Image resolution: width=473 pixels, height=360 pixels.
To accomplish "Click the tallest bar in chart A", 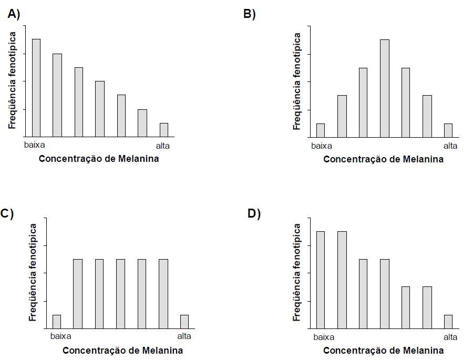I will [x=36, y=87].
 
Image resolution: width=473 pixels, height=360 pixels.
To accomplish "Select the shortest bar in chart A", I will [x=164, y=130].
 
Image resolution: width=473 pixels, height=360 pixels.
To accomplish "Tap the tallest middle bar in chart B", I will [x=385, y=88].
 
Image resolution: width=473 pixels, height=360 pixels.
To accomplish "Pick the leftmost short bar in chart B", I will [x=321, y=130].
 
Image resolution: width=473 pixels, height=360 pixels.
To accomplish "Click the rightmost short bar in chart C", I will [x=184, y=322].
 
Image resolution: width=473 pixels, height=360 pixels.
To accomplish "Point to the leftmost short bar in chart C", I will [x=57, y=322].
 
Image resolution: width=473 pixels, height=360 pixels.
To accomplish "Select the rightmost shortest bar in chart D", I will [x=448, y=322].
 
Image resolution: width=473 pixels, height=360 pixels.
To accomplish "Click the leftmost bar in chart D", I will [x=321, y=280].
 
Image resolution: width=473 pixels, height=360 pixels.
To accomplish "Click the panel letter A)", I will [x=14, y=15].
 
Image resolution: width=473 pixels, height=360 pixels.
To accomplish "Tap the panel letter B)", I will [x=249, y=15].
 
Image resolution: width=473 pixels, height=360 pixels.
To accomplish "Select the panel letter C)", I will [x=7, y=213].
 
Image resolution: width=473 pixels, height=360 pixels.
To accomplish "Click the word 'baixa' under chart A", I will [x=35, y=146].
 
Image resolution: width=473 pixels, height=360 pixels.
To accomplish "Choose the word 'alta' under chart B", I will [x=450, y=146].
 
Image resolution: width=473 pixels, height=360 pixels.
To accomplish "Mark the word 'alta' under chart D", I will [x=450, y=337].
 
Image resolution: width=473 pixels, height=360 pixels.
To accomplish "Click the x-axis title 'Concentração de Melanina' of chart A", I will [x=99, y=159].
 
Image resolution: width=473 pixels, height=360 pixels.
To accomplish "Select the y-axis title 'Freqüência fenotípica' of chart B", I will [x=297, y=81].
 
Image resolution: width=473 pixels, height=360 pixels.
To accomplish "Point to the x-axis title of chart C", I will [x=123, y=351].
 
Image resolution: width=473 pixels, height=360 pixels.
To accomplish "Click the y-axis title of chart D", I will [x=297, y=272].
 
